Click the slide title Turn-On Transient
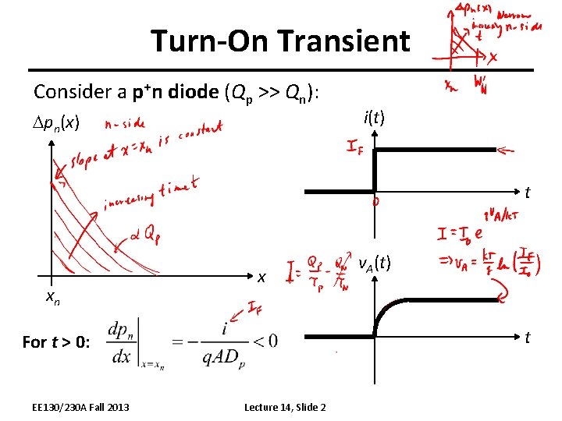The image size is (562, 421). coord(280,41)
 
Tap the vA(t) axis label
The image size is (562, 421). coord(375,265)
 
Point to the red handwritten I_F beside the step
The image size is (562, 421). coord(359,147)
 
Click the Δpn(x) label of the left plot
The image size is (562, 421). coord(56,123)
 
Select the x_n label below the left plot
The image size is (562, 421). coord(53,297)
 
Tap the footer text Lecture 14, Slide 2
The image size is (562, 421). coord(285,407)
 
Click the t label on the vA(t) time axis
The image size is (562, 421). coord(528,338)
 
